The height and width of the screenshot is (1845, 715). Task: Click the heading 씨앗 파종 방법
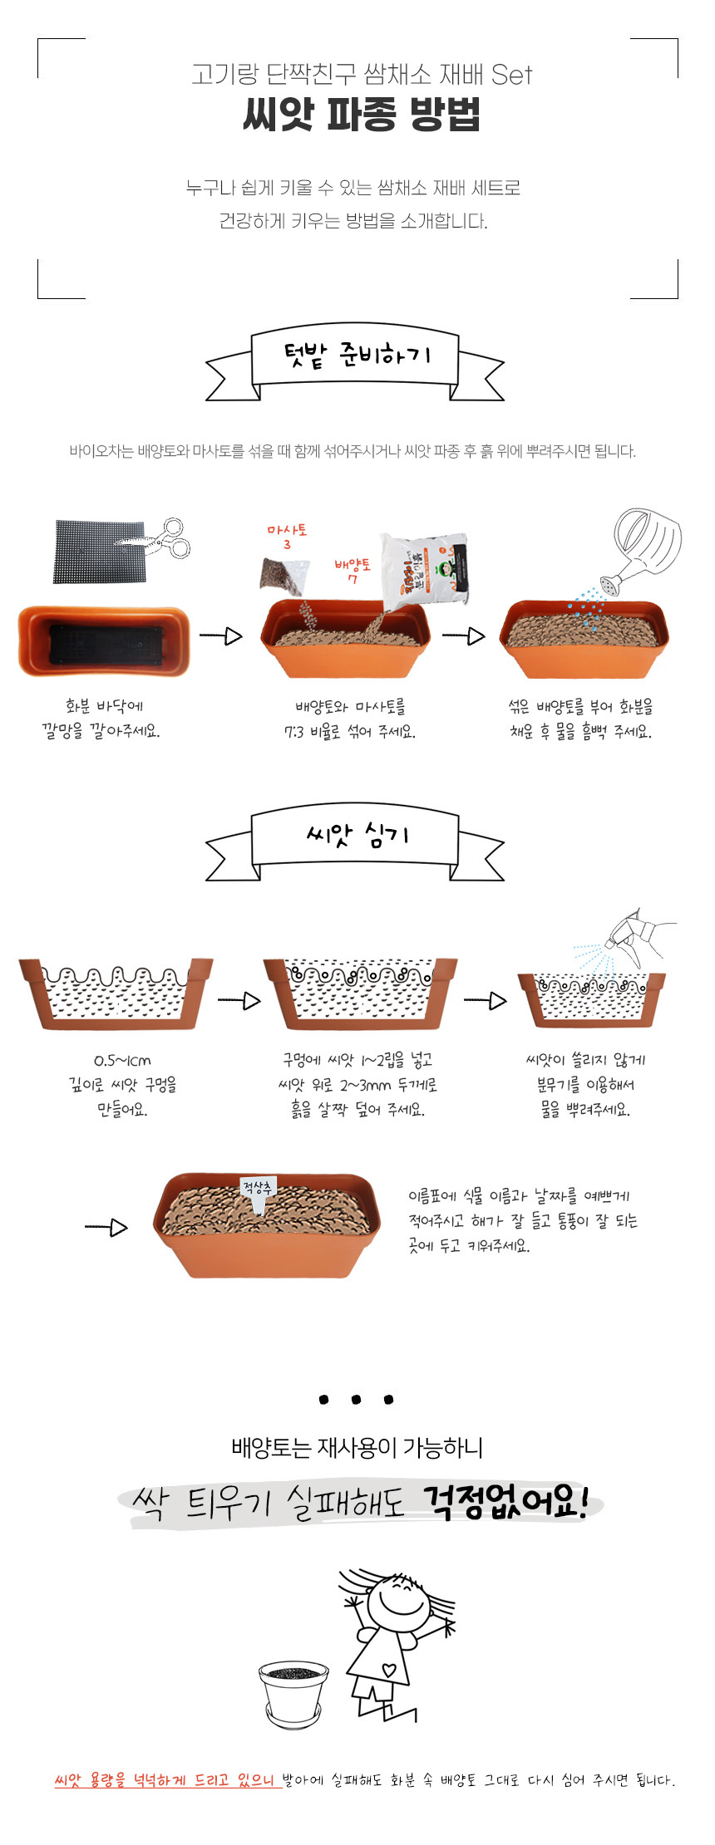[x=362, y=114]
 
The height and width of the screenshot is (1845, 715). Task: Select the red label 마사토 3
[x=287, y=537]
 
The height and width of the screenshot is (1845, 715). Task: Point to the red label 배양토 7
[x=353, y=572]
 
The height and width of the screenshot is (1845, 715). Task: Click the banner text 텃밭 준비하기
[x=357, y=356]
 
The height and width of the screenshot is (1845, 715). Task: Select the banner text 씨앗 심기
[x=357, y=833]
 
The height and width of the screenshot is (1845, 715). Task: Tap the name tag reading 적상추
[x=257, y=1188]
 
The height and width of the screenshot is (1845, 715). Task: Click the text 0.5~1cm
[x=122, y=1060]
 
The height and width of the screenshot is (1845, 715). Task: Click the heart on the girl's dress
[x=388, y=1669]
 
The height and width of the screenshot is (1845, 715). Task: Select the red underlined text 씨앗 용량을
[x=90, y=1780]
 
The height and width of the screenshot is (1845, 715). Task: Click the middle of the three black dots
[x=356, y=1400]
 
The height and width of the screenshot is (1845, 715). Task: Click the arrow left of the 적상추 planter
[x=106, y=1227]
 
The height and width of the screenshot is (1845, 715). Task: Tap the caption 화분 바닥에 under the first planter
[x=105, y=706]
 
